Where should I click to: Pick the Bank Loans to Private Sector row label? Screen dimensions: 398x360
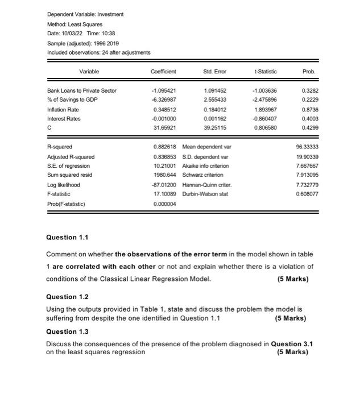(81, 90)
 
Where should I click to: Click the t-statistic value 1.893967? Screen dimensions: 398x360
(266, 109)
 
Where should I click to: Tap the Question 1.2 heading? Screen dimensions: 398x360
(68, 297)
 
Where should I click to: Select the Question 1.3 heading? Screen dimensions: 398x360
(68, 331)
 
